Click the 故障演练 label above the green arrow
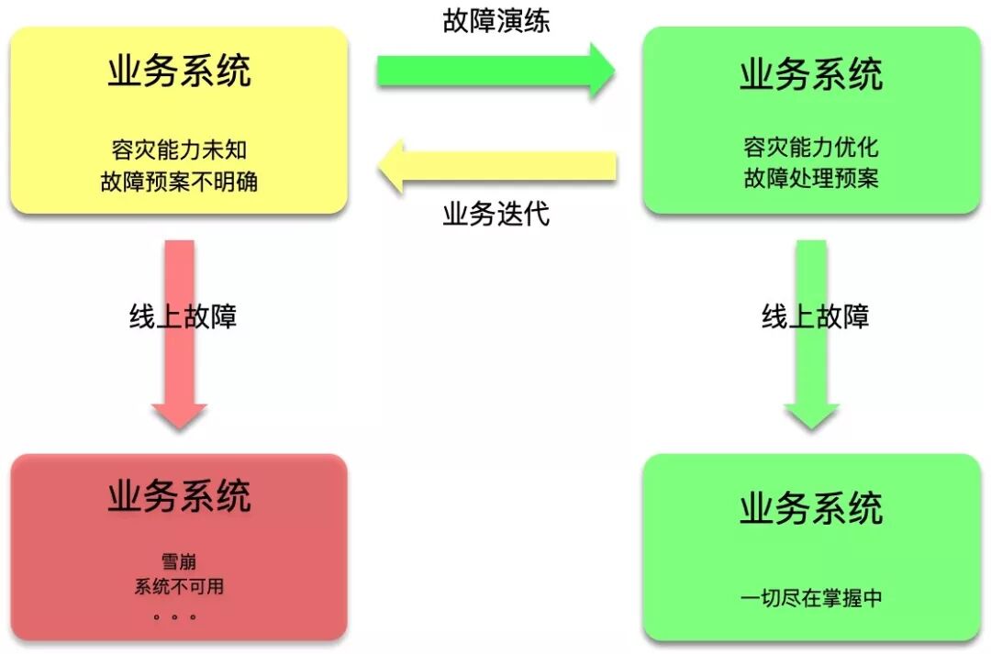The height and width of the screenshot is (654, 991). click(496, 20)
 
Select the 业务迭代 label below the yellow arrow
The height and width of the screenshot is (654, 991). click(496, 214)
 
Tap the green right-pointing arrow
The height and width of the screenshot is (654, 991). click(495, 71)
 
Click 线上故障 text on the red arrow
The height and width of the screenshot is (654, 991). click(184, 316)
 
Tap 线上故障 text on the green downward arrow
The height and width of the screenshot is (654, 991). click(816, 316)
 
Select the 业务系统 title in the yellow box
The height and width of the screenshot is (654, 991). click(179, 71)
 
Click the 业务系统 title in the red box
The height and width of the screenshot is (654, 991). click(179, 496)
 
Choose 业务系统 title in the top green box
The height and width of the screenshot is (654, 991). click(811, 74)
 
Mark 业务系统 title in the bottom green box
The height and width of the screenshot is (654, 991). click(811, 508)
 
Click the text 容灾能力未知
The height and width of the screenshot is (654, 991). click(179, 149)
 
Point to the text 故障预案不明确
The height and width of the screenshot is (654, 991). click(179, 181)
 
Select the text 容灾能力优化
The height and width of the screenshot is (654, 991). click(811, 147)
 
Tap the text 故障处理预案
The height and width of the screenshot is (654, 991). click(811, 177)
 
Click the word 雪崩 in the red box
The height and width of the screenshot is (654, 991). click(179, 561)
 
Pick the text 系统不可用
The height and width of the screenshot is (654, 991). click(179, 586)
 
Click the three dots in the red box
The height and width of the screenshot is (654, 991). click(174, 616)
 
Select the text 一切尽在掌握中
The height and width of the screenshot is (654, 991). click(811, 598)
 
